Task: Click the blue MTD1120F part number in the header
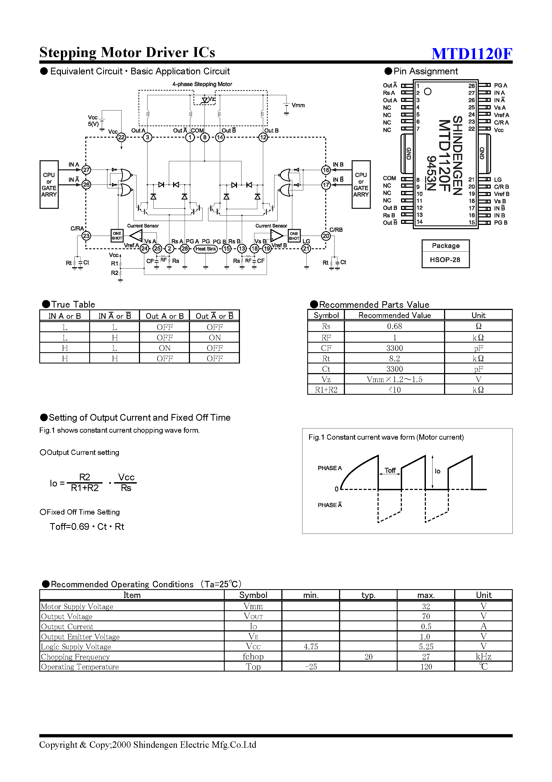tap(471, 53)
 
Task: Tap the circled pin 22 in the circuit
tap(121, 137)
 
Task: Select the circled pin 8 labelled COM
tap(205, 137)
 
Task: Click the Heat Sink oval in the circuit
tap(205, 249)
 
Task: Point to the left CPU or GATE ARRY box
tap(49, 184)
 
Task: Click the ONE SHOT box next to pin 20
tap(294, 236)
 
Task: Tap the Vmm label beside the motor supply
tap(298, 105)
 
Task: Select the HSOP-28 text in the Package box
tap(445, 259)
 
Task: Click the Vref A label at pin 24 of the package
tap(501, 115)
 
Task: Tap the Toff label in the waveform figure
tap(390, 470)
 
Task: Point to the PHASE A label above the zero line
tap(329, 468)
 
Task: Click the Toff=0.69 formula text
tap(87, 527)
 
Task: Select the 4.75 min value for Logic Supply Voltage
tap(311, 646)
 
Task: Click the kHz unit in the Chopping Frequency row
tap(483, 656)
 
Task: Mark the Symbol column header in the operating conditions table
tap(253, 595)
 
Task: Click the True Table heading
tap(73, 305)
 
